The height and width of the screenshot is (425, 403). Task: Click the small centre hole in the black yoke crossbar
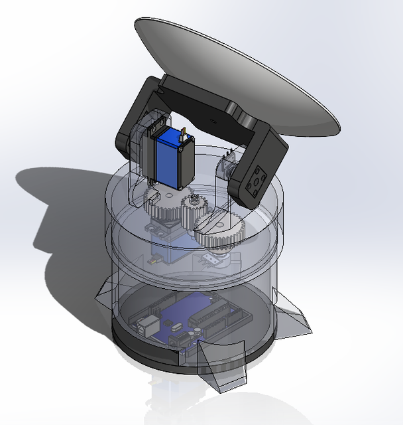coord(211,122)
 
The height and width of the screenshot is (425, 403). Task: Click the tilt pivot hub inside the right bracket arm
coord(229,169)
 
